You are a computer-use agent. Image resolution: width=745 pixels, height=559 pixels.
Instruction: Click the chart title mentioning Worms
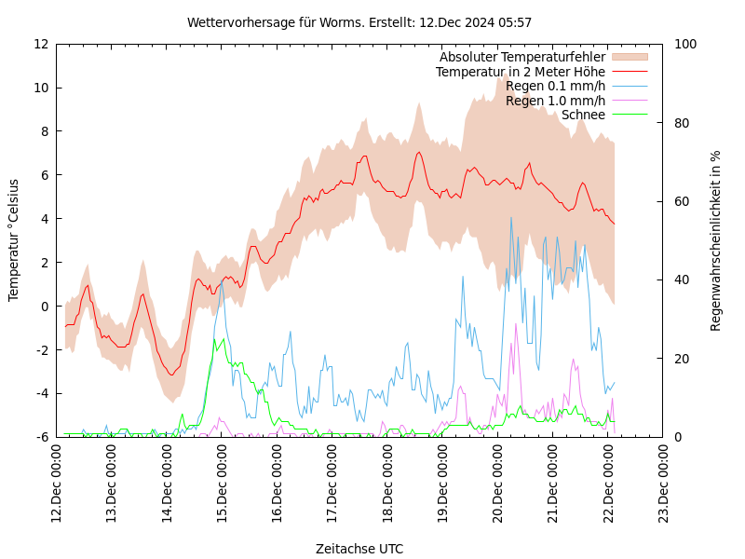359,22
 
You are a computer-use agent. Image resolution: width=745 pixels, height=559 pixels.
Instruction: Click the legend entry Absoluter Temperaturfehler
521,57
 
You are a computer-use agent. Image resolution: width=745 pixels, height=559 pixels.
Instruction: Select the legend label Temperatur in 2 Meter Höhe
520,72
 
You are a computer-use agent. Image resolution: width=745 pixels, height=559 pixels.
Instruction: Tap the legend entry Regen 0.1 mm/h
555,86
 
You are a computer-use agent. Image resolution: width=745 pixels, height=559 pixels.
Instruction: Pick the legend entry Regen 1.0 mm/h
555,101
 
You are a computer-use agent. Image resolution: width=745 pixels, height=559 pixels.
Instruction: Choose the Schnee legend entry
583,115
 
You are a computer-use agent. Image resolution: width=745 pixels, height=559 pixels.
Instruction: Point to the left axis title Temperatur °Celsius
14,239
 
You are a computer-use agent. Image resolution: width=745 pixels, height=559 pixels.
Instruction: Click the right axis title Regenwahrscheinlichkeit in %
716,240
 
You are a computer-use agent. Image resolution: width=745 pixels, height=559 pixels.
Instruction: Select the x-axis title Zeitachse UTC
359,549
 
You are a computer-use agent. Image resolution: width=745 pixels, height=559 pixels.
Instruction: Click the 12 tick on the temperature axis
41,44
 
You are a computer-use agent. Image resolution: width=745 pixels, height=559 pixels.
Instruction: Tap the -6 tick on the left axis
41,437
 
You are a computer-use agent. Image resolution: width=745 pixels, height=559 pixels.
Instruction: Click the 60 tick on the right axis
681,201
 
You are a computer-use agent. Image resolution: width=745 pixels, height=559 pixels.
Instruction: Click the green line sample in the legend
629,115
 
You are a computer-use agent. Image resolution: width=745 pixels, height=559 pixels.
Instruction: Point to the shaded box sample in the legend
629,57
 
